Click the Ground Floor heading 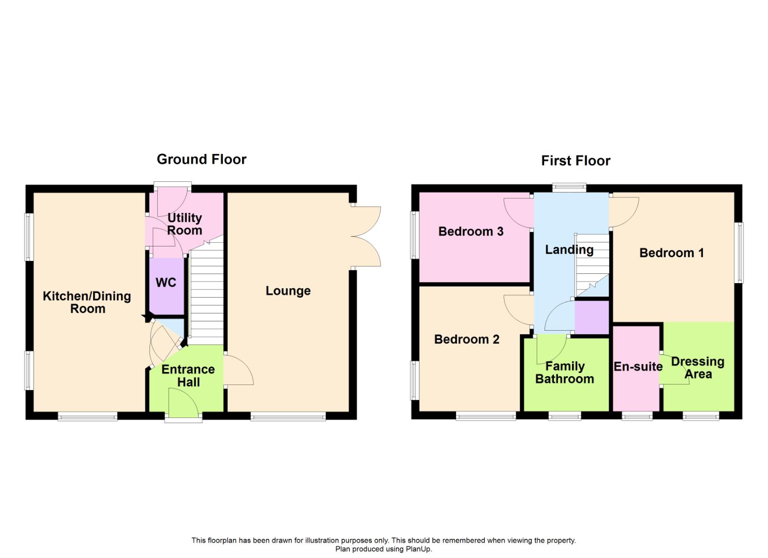tap(201, 159)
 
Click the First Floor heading tap(575, 161)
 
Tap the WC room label tap(166, 283)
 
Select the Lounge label tap(288, 291)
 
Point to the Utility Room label tap(185, 224)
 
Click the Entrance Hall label tap(188, 376)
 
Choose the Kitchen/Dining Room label tap(87, 302)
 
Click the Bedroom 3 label tap(471, 231)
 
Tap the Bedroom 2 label tap(466, 339)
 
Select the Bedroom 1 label tap(671, 253)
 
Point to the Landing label tap(569, 250)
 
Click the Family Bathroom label tap(565, 373)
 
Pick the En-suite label tap(638, 367)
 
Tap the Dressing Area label tap(698, 367)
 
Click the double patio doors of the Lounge tap(366, 237)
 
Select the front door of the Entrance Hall tap(184, 403)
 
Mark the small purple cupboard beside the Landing tap(592, 317)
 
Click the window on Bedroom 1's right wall tap(740, 253)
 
